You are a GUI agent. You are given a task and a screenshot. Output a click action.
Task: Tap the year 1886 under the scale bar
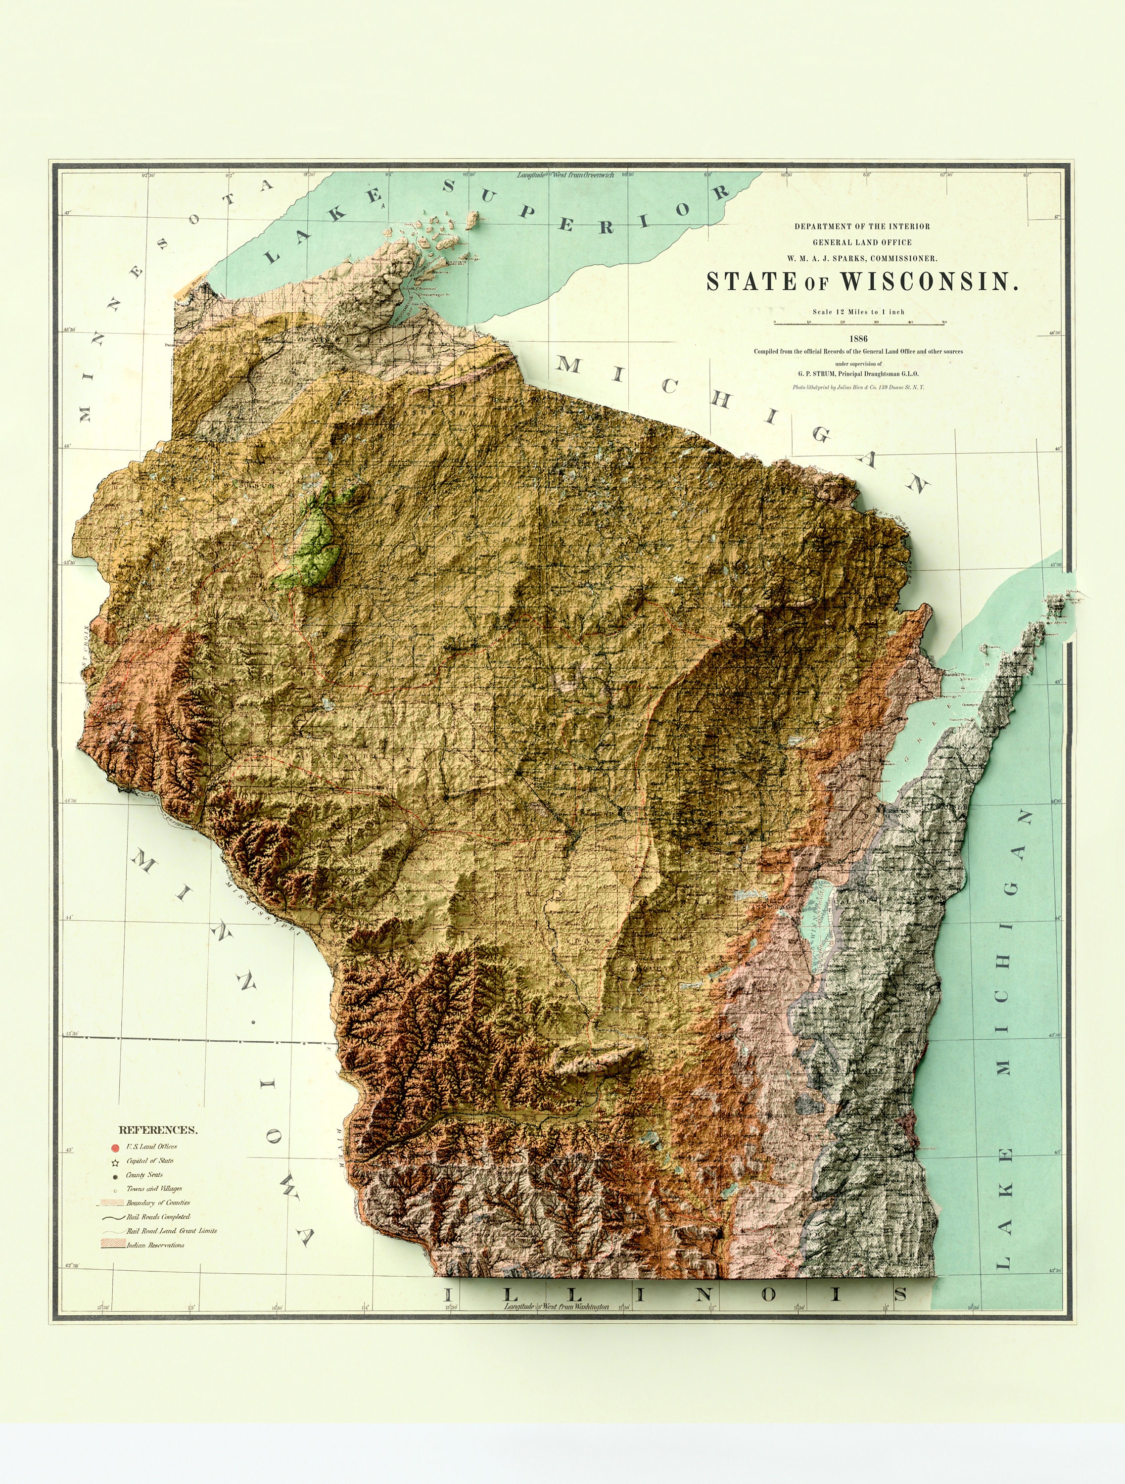coord(859,339)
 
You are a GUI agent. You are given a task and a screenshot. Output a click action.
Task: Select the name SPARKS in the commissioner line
coord(854,258)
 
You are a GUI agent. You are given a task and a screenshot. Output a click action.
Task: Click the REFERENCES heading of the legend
coord(158,1130)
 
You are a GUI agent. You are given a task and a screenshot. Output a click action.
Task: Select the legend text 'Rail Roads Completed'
coord(158,1216)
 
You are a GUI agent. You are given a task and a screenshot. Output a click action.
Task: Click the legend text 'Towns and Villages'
coord(154,1189)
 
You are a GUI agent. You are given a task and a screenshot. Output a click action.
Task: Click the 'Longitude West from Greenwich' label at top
coord(565,175)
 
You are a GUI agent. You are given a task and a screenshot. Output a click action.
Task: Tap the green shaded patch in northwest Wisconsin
coord(315,537)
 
